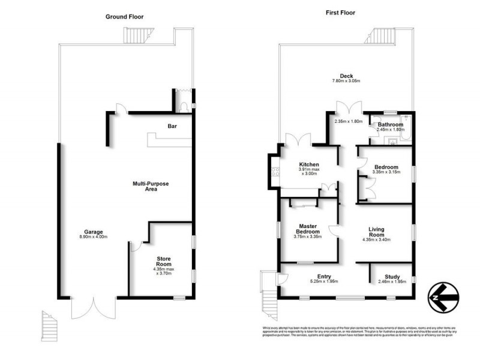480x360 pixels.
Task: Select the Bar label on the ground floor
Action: pos(172,126)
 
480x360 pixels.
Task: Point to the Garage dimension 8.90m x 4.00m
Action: pos(94,236)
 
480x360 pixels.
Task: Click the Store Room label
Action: pos(164,260)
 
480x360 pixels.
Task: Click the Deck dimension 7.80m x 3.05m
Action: pos(346,81)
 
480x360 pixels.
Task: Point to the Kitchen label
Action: pos(309,164)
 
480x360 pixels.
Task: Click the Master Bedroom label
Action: pos(308,229)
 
